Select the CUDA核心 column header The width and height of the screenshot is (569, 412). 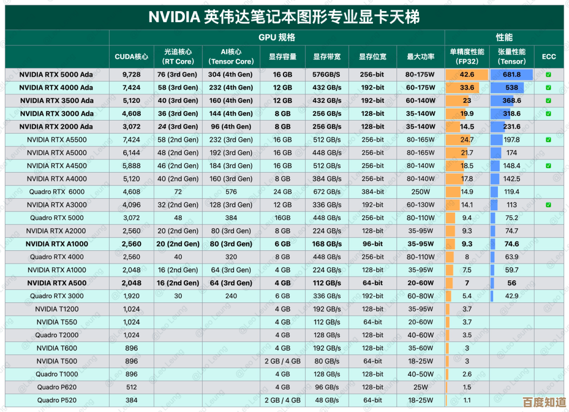(x=131, y=56)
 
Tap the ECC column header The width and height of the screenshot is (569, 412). (x=548, y=56)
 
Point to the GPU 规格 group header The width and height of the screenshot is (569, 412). (x=277, y=37)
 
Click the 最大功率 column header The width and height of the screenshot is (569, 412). (x=420, y=56)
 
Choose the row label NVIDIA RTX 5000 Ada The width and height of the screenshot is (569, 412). (x=56, y=75)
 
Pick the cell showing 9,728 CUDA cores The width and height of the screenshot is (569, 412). (x=131, y=75)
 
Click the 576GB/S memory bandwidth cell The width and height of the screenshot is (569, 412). (x=327, y=75)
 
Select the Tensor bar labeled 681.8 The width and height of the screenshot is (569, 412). (x=511, y=75)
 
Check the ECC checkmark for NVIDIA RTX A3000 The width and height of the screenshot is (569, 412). (x=548, y=205)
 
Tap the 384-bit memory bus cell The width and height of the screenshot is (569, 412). (x=372, y=192)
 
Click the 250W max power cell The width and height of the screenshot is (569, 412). (x=420, y=192)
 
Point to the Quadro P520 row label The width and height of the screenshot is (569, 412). (x=57, y=400)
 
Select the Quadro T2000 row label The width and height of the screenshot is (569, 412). (x=57, y=335)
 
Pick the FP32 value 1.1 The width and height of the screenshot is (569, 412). (x=467, y=400)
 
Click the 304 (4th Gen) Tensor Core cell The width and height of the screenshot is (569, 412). (x=230, y=75)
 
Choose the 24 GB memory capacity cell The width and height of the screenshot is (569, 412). (x=282, y=192)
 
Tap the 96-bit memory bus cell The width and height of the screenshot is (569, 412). (x=372, y=244)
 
